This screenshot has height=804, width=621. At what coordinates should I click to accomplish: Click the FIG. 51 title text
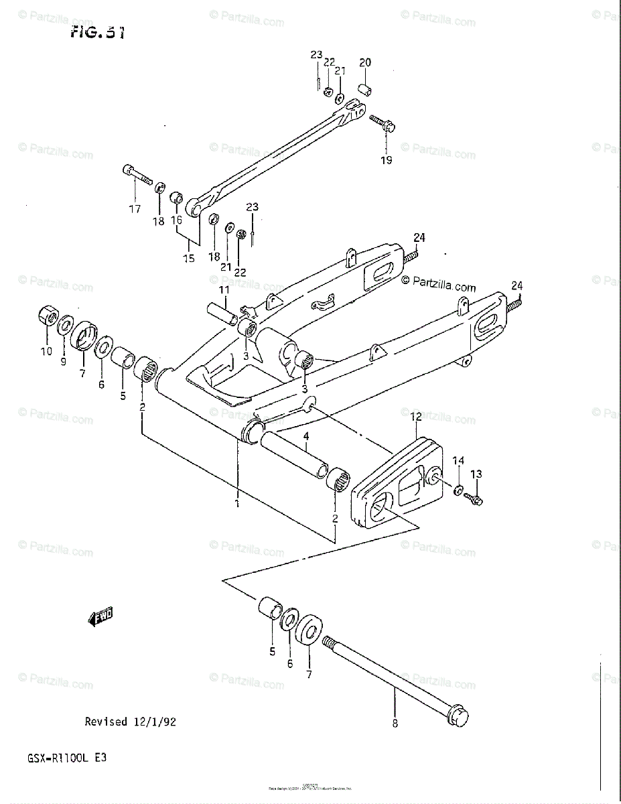click(97, 32)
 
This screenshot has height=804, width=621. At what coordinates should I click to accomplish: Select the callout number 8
click(395, 723)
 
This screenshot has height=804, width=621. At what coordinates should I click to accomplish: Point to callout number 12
click(415, 417)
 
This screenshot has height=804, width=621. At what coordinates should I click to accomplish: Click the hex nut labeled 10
click(48, 316)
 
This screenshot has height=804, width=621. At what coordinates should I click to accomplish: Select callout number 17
click(135, 209)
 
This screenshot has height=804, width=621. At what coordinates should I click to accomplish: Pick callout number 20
click(365, 63)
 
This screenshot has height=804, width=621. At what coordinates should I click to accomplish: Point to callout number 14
click(458, 460)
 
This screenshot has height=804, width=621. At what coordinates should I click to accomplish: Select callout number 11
click(223, 290)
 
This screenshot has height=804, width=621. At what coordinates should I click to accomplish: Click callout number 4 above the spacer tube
click(305, 438)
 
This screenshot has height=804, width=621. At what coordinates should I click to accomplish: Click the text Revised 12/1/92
click(131, 722)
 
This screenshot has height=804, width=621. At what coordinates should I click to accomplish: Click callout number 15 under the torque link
click(190, 258)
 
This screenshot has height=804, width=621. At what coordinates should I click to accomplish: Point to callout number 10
click(46, 352)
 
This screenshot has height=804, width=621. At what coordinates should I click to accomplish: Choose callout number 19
click(387, 160)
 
